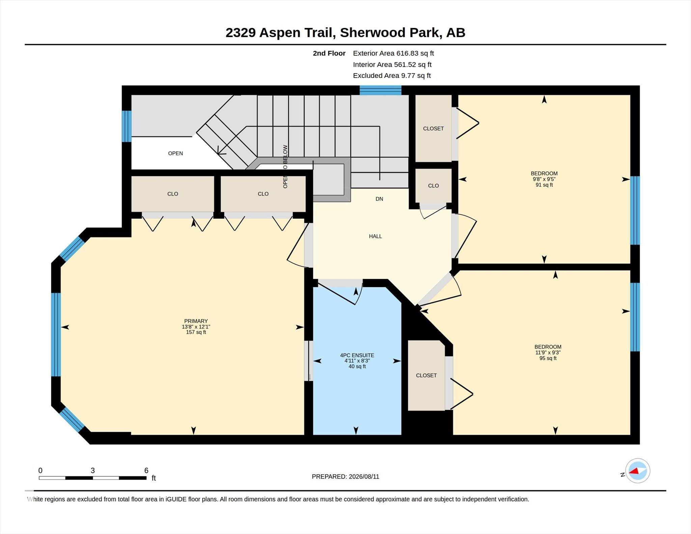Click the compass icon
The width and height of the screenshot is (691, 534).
(x=637, y=471)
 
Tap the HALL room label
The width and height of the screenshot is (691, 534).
(x=375, y=236)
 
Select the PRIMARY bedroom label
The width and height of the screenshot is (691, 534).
(x=196, y=321)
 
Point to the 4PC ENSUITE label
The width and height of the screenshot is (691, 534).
(x=357, y=355)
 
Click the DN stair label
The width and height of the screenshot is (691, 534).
(x=379, y=199)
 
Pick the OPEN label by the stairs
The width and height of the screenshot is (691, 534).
(x=175, y=153)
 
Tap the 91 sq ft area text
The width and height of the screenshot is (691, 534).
(x=544, y=185)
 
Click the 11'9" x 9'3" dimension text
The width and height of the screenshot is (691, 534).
(x=548, y=353)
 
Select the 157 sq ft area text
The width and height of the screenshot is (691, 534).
(x=196, y=332)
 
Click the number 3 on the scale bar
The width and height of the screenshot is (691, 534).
(x=93, y=470)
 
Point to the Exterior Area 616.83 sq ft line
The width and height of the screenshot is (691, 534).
(x=393, y=53)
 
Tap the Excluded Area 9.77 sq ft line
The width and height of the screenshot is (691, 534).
(x=392, y=76)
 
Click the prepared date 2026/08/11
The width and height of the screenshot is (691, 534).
(x=364, y=476)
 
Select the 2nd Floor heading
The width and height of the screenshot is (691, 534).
(x=329, y=53)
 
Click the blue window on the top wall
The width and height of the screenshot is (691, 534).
(x=380, y=90)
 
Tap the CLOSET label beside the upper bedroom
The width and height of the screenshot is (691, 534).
(x=433, y=129)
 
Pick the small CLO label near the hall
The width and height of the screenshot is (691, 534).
(x=433, y=186)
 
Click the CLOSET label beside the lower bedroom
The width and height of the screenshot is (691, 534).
(x=426, y=375)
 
